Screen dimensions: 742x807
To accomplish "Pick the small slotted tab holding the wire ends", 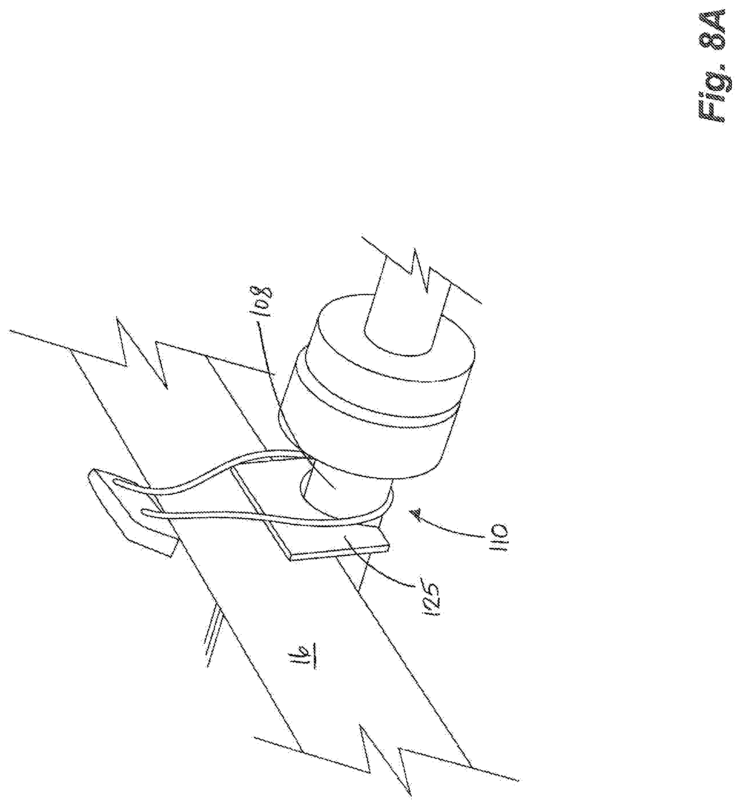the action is point(124,510).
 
